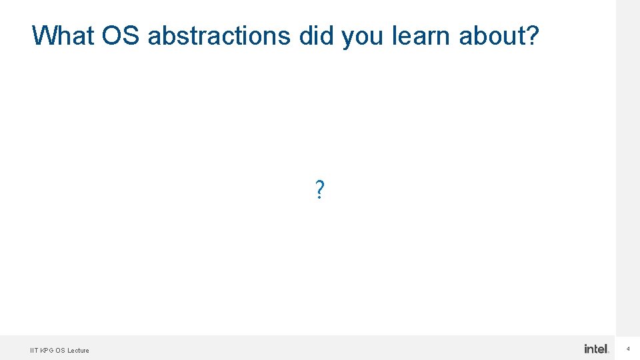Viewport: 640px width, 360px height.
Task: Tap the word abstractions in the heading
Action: click(x=219, y=36)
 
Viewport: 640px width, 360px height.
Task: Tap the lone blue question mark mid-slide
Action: click(x=320, y=191)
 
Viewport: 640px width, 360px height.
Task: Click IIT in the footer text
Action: click(x=33, y=350)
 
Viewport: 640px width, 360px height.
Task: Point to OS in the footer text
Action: click(x=60, y=350)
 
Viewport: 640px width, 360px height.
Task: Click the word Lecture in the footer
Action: click(x=78, y=350)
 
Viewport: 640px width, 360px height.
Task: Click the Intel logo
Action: click(x=597, y=349)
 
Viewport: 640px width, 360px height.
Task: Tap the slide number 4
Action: click(x=628, y=349)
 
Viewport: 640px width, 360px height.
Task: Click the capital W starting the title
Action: click(x=43, y=36)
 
